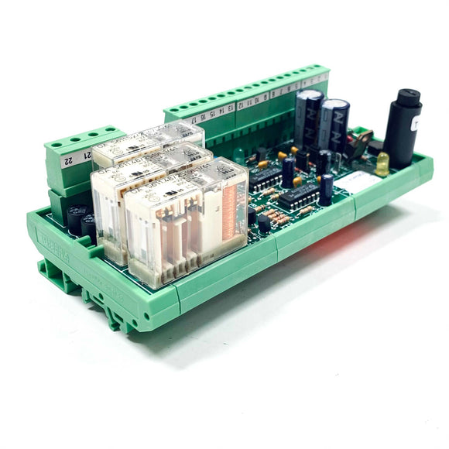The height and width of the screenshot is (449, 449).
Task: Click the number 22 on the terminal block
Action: pos(68,160)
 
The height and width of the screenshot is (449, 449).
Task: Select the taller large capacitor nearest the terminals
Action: pos(308,118)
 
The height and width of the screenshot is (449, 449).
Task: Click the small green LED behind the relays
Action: pos(239,154)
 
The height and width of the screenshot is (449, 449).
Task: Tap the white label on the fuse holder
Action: pos(416,123)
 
